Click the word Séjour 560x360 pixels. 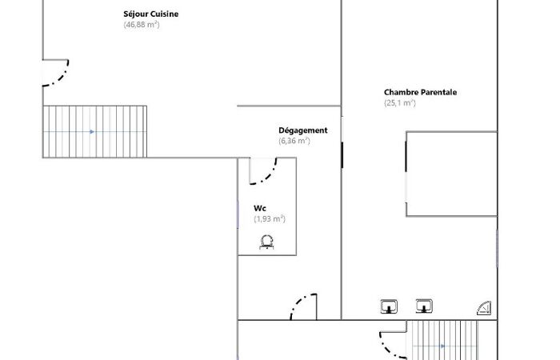136,14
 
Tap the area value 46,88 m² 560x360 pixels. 142,25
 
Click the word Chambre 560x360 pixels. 396,92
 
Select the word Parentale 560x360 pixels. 434,92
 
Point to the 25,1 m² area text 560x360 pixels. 400,103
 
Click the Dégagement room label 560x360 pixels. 303,130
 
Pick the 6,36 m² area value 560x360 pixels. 294,141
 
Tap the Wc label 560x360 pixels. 260,208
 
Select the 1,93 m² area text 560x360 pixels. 270,218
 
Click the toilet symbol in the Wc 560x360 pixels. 266,242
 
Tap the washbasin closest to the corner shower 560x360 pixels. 424,306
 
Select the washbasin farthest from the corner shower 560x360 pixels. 389,306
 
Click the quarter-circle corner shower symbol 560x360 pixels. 484,308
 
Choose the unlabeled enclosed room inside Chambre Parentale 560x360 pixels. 452,174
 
